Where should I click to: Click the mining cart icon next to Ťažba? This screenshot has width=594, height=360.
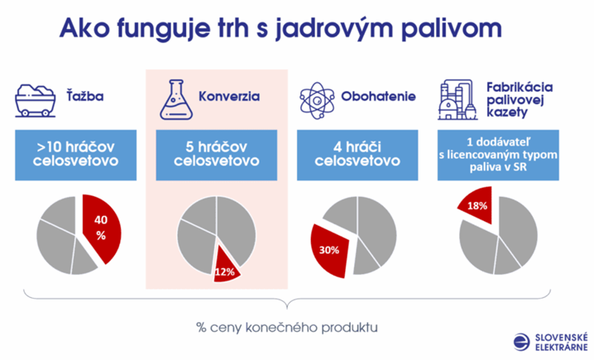click(36, 100)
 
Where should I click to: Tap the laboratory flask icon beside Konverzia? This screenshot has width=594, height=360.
click(176, 99)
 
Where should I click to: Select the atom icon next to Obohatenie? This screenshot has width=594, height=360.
click(317, 101)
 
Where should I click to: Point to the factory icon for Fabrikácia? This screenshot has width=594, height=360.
click(457, 99)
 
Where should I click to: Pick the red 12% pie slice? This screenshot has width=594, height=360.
click(225, 268)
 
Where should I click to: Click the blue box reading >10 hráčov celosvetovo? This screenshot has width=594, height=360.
click(76, 155)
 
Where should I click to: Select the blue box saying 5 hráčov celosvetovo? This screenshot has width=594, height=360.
click(216, 155)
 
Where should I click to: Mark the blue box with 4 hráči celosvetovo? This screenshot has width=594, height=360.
click(357, 155)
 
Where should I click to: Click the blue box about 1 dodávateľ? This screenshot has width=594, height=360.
click(498, 155)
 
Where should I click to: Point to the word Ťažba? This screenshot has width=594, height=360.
click(85, 95)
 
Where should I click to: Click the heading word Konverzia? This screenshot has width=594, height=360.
click(229, 96)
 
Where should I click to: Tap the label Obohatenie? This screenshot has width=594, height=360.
click(378, 96)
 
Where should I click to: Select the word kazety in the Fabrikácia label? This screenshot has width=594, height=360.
click(507, 113)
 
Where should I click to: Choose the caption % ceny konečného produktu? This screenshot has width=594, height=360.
click(287, 327)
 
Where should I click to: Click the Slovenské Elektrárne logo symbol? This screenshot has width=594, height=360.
click(522, 342)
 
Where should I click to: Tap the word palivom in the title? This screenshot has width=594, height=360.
click(452, 28)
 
